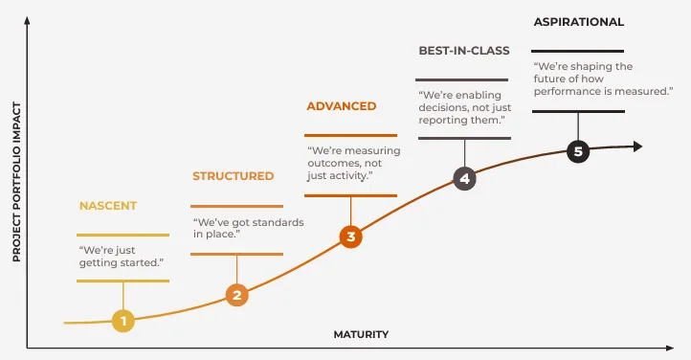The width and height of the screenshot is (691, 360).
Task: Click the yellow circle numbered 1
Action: tap(123, 321)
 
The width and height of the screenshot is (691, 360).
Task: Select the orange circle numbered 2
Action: tap(237, 294)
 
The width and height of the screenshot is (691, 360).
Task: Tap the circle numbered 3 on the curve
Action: tap(351, 236)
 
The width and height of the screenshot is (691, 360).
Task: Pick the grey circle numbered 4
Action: tap(464, 178)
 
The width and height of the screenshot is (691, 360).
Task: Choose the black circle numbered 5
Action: tap(577, 150)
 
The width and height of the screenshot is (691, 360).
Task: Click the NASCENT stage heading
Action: tap(108, 206)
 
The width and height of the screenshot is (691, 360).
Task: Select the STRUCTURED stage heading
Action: tap(233, 176)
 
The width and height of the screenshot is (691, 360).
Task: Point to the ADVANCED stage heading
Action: tap(342, 105)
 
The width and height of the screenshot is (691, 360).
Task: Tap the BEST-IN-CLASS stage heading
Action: tap(464, 50)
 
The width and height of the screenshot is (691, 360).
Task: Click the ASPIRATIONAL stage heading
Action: tap(578, 21)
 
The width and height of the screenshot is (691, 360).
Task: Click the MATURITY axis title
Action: tap(361, 334)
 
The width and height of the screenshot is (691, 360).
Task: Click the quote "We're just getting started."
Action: tap(121, 255)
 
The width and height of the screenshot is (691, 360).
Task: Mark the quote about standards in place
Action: tap(248, 228)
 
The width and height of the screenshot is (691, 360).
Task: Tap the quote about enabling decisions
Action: tap(463, 108)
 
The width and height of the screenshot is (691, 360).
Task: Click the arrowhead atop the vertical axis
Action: tap(29, 20)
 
